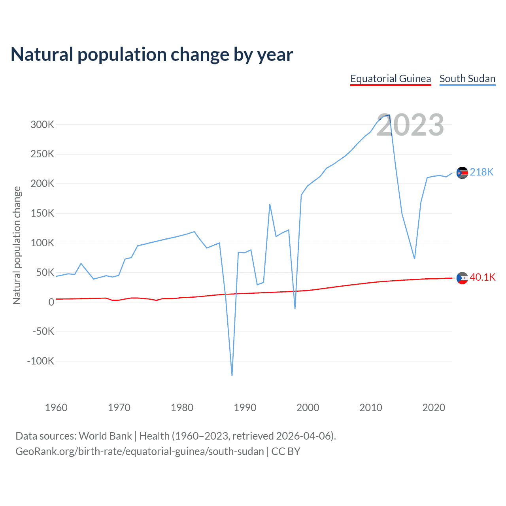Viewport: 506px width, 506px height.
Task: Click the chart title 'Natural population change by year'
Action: click(152, 55)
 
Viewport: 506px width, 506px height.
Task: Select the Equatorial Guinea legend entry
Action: click(391, 79)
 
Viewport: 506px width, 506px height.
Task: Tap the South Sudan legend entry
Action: click(467, 79)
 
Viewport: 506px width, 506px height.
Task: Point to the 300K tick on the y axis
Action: click(42, 125)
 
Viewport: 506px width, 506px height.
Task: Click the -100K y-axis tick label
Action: click(40, 361)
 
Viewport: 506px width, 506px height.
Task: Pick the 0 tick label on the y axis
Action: click(51, 302)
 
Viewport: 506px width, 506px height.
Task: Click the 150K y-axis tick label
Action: click(42, 213)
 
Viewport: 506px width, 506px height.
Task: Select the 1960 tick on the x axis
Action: click(56, 408)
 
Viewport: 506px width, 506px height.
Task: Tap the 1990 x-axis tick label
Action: click(245, 408)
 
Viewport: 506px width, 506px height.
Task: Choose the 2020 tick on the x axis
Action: click(434, 408)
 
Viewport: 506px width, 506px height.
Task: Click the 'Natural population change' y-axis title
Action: click(17, 245)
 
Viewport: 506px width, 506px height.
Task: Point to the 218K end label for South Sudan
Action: click(481, 172)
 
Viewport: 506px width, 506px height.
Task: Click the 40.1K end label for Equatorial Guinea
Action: click(482, 277)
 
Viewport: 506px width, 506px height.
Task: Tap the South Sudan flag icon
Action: click(462, 173)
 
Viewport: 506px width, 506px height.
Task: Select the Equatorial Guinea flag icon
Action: click(462, 278)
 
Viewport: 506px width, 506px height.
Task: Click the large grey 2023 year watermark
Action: click(410, 125)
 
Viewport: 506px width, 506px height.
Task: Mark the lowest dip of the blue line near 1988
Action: click(232, 375)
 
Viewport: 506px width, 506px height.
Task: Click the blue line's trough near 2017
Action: click(414, 259)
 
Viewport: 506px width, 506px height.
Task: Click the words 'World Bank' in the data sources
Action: click(105, 436)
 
